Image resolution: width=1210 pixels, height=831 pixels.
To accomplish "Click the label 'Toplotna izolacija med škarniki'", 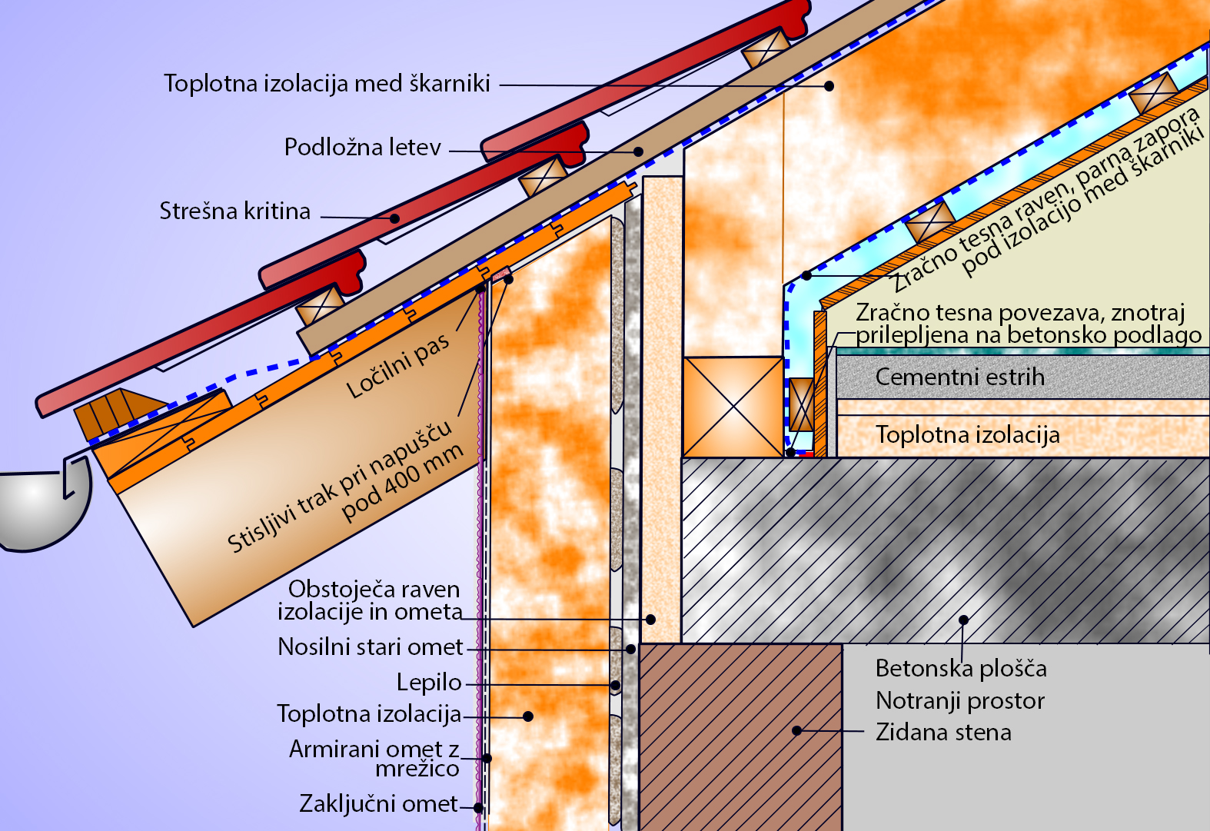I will tap(327, 83).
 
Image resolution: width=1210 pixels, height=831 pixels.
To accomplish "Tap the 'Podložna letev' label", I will tap(362, 147).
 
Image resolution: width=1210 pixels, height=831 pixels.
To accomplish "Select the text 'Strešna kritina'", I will tap(234, 211).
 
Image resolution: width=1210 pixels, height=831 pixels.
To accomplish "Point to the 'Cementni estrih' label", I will tap(959, 377).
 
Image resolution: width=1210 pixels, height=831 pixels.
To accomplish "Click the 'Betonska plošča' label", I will tap(961, 668).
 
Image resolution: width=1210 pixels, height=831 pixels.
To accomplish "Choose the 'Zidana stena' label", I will tap(943, 732).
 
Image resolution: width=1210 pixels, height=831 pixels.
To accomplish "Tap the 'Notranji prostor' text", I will tap(960, 700).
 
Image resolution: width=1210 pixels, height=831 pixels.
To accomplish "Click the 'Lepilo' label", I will tap(429, 682).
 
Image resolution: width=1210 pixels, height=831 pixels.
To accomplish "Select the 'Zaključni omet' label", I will tap(378, 804).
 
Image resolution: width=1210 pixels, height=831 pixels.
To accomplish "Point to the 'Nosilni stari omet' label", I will tap(371, 647).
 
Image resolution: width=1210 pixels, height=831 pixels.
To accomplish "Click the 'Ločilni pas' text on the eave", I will tap(397, 367).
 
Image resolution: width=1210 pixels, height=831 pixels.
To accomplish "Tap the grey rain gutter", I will tap(38, 507).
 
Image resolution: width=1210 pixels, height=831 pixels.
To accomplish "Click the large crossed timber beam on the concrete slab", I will tap(733, 407).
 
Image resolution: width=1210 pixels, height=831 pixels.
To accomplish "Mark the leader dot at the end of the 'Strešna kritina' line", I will tap(394, 218).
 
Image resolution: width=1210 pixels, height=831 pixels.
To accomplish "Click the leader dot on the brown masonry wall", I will tap(797, 730).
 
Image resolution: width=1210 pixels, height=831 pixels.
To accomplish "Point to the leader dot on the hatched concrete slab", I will tap(963, 620).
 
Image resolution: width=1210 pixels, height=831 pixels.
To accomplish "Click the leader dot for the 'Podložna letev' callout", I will tap(638, 151).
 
